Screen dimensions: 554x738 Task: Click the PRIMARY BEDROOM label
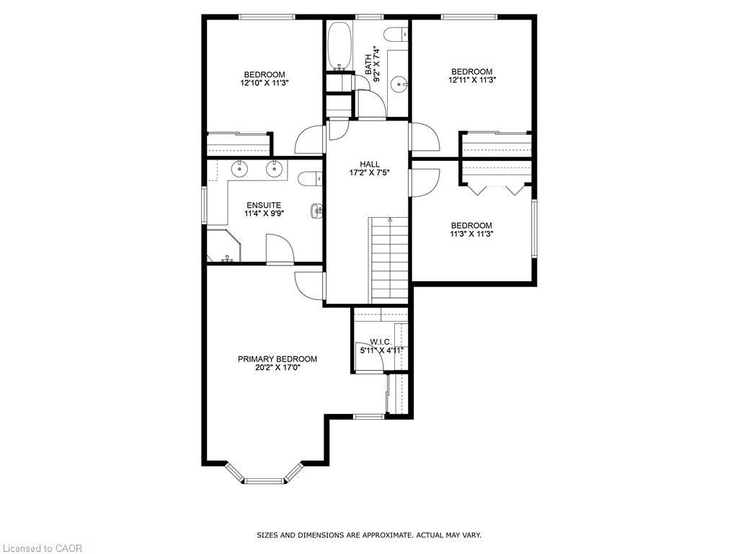pos(277,359)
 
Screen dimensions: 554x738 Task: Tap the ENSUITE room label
pos(264,205)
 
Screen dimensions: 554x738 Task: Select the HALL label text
pos(370,164)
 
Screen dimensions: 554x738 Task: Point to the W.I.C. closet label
pos(380,341)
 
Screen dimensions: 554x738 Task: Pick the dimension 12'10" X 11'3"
pos(264,83)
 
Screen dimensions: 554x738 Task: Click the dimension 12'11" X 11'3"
pos(471,80)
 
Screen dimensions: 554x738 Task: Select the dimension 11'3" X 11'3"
pos(471,234)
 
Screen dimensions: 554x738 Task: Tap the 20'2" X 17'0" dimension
pos(277,367)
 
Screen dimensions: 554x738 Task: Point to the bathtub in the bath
pos(339,46)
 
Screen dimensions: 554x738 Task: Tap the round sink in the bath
pos(399,85)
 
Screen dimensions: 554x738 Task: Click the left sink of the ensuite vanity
pos(239,170)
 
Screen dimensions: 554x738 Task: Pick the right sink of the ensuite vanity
pos(274,170)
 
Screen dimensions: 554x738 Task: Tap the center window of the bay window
pos(264,479)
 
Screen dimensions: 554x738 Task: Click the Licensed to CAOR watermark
pos(42,548)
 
